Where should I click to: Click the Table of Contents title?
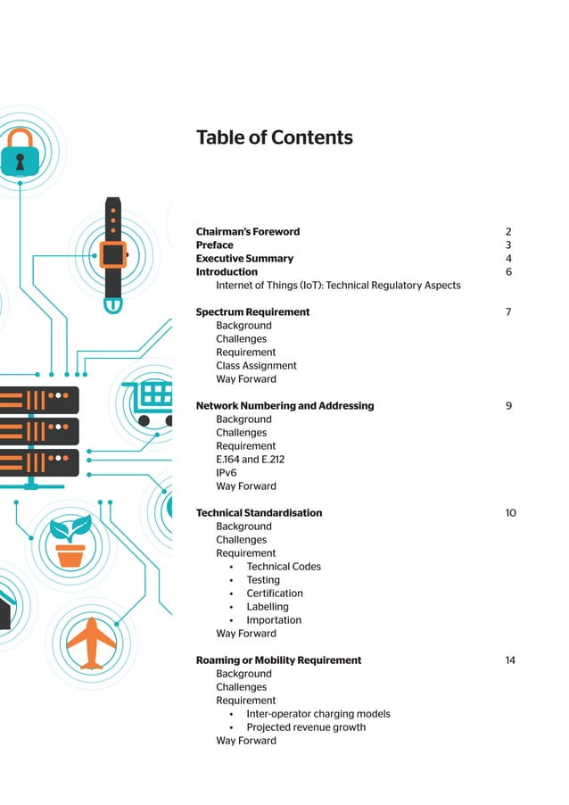tap(274, 137)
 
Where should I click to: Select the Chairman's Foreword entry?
tap(247, 232)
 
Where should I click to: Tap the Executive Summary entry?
tap(244, 259)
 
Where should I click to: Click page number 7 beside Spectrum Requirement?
tap(507, 312)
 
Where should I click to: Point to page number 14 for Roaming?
tap(510, 660)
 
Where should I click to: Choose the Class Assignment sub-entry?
tap(256, 366)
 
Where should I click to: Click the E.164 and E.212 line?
tap(250, 460)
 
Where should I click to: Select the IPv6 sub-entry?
tap(227, 473)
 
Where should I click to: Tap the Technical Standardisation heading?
tap(259, 513)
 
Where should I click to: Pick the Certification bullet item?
tap(275, 593)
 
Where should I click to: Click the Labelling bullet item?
tap(268, 607)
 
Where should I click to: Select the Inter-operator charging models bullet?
tap(318, 714)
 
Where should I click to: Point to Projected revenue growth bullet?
tap(306, 727)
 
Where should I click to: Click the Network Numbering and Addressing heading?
tap(284, 406)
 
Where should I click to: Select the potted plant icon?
tap(70, 542)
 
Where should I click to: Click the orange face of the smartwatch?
tap(112, 254)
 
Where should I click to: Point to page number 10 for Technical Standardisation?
tap(510, 513)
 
